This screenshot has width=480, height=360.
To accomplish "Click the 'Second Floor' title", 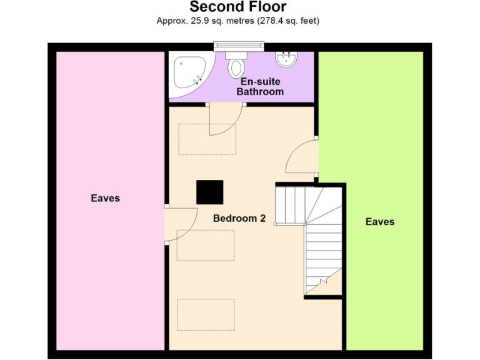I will (238, 7).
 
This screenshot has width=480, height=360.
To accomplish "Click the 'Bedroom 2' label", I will (239, 218).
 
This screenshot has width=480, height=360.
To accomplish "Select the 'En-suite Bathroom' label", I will (260, 86).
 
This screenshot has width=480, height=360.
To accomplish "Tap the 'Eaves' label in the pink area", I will (105, 198).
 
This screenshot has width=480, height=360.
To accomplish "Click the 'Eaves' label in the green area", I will (380, 221).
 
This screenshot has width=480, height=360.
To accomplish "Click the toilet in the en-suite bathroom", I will (236, 65).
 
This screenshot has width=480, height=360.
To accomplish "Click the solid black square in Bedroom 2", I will (209, 192).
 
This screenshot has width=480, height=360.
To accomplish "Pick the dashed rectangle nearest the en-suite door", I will (207, 139).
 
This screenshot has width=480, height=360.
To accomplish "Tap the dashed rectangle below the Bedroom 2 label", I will (206, 245).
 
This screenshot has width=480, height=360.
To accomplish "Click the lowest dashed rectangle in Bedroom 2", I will (206, 314).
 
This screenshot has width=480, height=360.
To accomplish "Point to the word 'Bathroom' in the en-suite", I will (260, 92).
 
